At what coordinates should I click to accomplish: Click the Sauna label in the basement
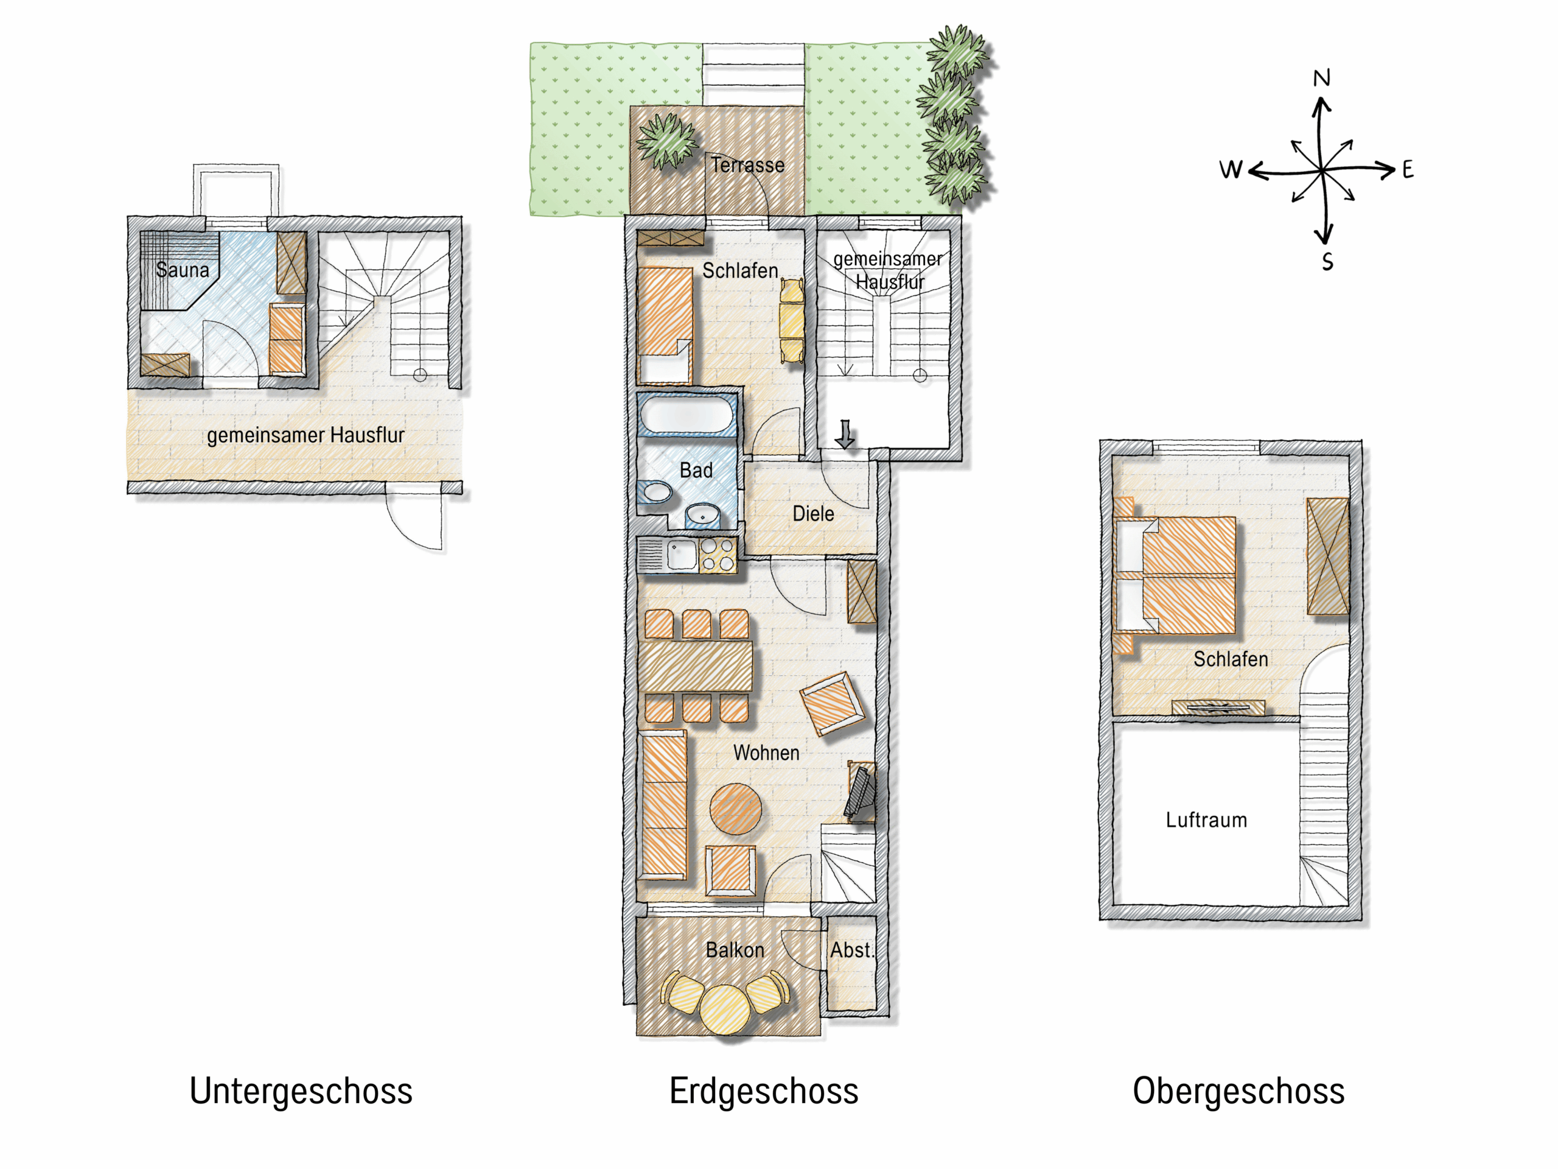point(183,270)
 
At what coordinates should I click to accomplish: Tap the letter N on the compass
point(1321,78)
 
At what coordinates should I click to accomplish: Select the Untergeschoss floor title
point(301,1091)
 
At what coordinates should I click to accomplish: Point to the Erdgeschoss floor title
point(764,1091)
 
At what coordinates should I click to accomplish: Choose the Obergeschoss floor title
point(1238,1091)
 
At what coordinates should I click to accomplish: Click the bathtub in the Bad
point(686,416)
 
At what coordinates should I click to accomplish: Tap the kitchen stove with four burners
point(718,555)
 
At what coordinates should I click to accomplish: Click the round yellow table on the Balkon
point(726,1009)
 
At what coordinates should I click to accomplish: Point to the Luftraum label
point(1206,820)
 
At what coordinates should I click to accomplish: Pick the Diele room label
point(813,514)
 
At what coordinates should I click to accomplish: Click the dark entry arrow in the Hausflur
point(845,434)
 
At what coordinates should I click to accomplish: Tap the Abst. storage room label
point(851,950)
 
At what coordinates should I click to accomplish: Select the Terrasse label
point(747,165)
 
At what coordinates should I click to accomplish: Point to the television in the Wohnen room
point(861,792)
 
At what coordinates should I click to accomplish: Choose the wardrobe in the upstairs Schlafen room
point(1328,556)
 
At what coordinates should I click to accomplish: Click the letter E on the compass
point(1407,169)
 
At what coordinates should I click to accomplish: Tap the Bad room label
point(696,470)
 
